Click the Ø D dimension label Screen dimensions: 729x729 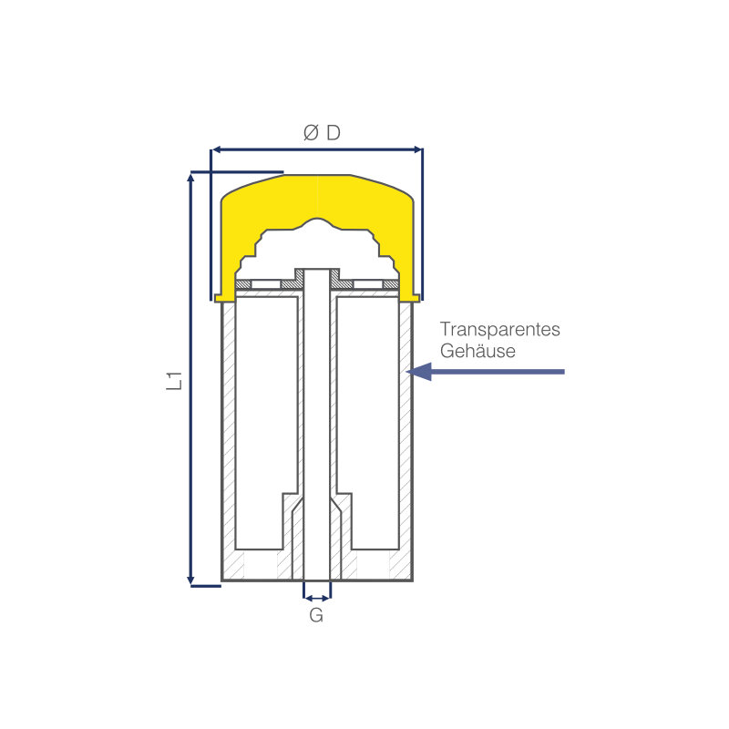(322, 133)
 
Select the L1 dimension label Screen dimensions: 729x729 (174, 381)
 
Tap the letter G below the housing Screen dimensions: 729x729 (316, 615)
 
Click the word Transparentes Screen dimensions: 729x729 (499, 329)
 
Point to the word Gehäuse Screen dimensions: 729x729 (477, 351)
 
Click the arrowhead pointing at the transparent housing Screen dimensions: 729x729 (419, 372)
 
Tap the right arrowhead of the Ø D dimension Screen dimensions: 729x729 (417, 149)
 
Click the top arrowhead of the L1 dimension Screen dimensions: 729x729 (190, 178)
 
